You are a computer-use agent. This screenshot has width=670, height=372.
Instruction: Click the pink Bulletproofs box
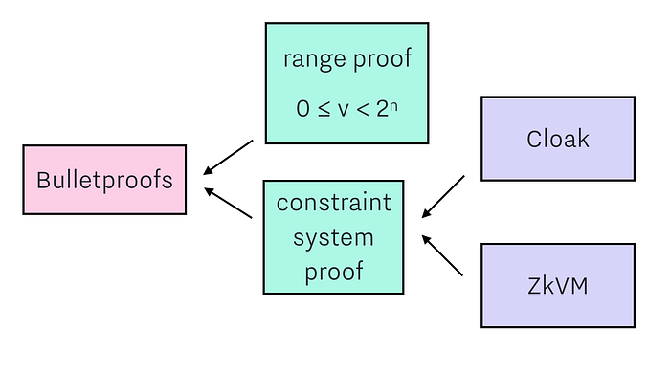click(104, 180)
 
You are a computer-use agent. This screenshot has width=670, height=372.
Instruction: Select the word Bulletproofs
click(104, 180)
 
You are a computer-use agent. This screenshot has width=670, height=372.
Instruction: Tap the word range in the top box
click(315, 59)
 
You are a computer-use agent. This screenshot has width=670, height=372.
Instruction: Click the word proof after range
click(383, 58)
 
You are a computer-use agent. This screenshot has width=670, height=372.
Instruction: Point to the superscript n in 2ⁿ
click(393, 105)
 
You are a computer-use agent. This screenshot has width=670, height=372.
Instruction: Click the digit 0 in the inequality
click(302, 109)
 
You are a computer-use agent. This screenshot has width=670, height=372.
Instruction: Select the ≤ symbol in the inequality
click(324, 109)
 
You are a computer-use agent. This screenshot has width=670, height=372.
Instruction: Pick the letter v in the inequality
click(343, 110)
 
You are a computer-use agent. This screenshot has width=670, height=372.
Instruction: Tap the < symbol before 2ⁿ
click(363, 110)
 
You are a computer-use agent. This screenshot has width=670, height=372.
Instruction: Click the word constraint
click(334, 203)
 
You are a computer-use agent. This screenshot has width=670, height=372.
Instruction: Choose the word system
click(333, 238)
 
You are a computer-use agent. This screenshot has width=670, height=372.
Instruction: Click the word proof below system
click(334, 272)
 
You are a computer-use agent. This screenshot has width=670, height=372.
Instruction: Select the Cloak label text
click(558, 139)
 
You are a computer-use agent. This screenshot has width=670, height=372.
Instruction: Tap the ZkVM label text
click(558, 286)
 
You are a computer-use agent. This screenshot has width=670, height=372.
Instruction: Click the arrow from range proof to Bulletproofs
click(228, 157)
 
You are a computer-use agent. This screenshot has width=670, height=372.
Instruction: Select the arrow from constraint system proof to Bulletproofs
click(228, 203)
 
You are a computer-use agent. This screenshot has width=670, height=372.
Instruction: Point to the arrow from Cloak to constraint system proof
click(442, 196)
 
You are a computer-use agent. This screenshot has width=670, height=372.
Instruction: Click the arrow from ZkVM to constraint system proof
click(442, 255)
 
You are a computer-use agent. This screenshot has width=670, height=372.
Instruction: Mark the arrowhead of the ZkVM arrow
click(426, 239)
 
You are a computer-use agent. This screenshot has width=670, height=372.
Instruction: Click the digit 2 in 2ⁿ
click(383, 109)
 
